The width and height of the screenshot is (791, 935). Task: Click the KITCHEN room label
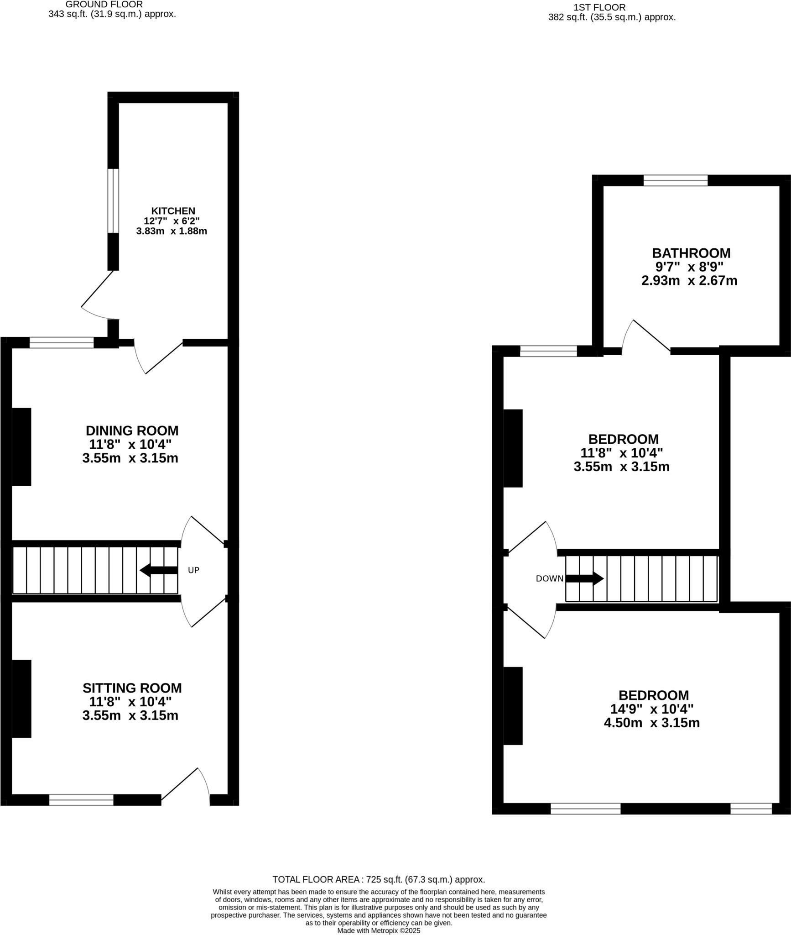click(173, 211)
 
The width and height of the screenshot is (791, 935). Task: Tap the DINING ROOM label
click(132, 431)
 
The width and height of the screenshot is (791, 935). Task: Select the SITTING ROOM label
click(132, 688)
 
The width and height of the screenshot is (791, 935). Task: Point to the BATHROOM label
click(691, 253)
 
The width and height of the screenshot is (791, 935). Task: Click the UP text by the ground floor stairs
click(193, 570)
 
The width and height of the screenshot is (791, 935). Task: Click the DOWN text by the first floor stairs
click(549, 579)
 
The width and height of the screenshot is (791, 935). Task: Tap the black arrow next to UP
click(158, 570)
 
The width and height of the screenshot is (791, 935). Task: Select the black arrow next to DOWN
click(584, 578)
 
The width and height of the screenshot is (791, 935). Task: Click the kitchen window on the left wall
click(113, 201)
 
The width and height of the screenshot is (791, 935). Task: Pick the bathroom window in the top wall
click(675, 180)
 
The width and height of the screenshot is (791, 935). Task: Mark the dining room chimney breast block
click(21, 446)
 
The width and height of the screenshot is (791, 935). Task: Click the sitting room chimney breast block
click(21, 699)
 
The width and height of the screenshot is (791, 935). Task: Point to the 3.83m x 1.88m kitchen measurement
click(172, 231)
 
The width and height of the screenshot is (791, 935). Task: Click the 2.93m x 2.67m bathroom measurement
click(689, 280)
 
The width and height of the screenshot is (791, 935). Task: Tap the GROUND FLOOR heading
click(104, 5)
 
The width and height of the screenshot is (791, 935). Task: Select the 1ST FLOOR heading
click(599, 8)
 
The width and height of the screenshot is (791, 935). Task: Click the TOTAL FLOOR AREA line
click(379, 879)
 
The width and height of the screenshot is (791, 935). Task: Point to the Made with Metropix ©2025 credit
click(379, 930)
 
